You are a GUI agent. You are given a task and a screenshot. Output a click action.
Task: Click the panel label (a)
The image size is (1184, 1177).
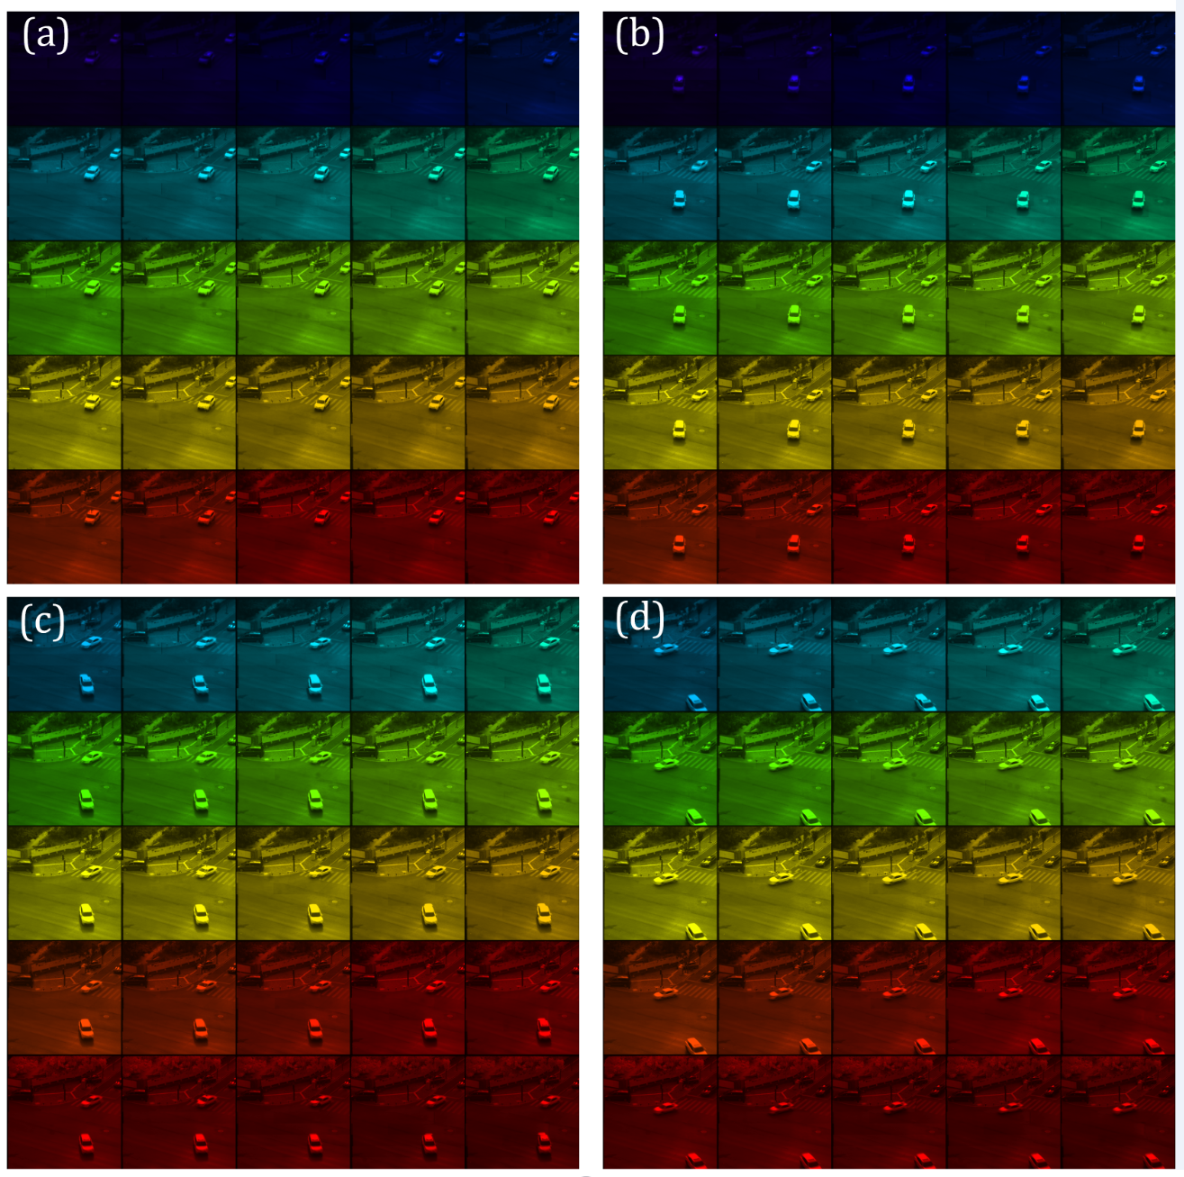point(45,35)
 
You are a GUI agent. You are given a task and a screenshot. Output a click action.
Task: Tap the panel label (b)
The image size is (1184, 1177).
point(639,35)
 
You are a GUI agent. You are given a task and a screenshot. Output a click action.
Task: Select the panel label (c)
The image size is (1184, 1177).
point(42,620)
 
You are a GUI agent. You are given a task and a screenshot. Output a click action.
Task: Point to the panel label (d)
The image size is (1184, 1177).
point(639,620)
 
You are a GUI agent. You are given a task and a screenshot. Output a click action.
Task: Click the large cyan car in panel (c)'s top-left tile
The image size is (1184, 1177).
point(86,684)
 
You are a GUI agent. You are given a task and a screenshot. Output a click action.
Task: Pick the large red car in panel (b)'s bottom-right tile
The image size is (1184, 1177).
point(1138,543)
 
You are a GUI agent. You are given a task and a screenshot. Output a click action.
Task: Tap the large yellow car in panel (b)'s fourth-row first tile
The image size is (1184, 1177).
point(679,430)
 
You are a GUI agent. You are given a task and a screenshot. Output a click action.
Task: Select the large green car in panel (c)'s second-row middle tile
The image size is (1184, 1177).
point(315,799)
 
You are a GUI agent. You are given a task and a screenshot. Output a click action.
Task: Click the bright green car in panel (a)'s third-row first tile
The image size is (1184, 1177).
point(91,288)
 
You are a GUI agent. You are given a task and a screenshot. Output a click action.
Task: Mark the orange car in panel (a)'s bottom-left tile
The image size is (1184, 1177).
point(91,517)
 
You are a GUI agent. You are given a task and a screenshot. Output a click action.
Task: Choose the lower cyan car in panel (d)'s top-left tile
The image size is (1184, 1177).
point(696,702)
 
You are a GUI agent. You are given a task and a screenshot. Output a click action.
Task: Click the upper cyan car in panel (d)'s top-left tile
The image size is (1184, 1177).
point(665,648)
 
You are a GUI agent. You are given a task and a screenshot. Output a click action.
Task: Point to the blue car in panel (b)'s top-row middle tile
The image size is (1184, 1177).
point(908,84)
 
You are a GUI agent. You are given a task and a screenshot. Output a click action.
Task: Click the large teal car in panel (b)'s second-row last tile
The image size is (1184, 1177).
point(1138,198)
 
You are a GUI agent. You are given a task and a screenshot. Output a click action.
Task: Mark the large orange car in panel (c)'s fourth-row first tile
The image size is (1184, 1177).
point(86,1028)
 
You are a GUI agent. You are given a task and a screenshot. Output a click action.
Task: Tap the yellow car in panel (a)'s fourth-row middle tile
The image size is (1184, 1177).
point(321,403)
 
